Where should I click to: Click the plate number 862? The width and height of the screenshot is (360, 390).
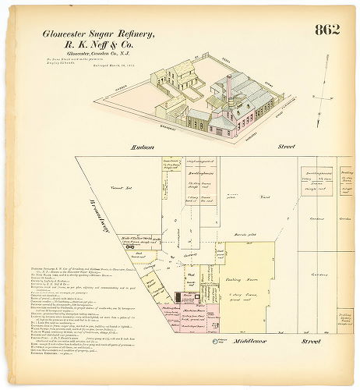pyautogui.click(x=327, y=30)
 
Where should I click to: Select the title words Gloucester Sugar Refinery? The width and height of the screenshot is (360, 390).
pyautogui.click(x=98, y=34)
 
